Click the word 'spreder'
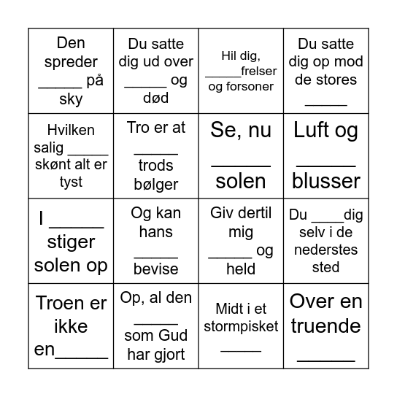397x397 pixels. pos(70,61)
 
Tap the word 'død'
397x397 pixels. pos(155,99)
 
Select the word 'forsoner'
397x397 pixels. pos(250,86)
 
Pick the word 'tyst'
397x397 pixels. pos(71,182)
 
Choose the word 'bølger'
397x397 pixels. pos(155,184)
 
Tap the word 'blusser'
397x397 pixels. pos(326,181)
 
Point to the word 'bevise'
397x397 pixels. pos(155,269)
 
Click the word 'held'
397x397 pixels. pos(241,269)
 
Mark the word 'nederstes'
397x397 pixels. pos(325,251)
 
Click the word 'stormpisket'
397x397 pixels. pos(241,326)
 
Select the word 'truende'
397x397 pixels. pos(325,326)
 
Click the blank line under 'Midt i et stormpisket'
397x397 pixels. pos(241,350)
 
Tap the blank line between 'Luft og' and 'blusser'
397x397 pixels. pos(325,166)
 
